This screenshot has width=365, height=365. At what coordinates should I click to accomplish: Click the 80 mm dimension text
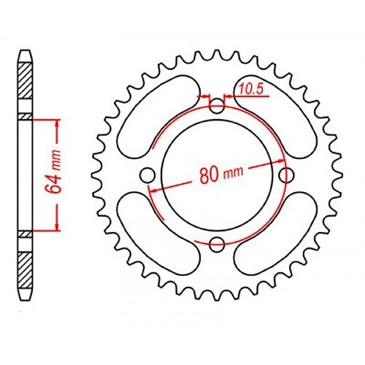pos(221,174)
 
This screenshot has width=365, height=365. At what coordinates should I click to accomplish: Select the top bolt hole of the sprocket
pos(217,107)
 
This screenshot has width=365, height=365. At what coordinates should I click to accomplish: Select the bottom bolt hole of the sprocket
pos(217,244)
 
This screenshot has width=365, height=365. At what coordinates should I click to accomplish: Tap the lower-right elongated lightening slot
pos(277,237)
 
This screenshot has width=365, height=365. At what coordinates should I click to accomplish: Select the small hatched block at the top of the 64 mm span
pos(26,117)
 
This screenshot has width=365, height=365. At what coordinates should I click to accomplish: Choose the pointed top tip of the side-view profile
pos(26,51)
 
